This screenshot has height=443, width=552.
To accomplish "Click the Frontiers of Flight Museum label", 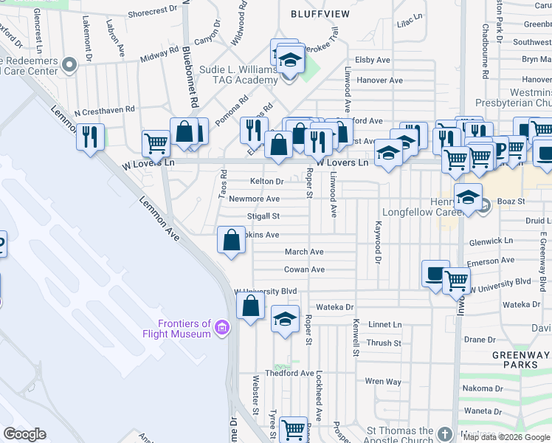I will point(184,329).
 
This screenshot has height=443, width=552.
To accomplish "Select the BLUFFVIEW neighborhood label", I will point(318,14).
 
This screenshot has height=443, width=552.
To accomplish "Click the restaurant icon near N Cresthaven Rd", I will point(90,137).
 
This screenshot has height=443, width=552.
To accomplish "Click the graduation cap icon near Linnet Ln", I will point(285,319).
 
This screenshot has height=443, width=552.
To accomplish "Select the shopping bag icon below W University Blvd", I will point(251,306).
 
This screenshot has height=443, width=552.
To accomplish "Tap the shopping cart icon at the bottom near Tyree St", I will point(294,428).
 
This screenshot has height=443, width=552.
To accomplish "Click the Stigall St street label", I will point(264,216).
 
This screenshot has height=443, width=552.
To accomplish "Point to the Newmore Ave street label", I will point(254,199).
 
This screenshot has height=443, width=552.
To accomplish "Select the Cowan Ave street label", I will point(304,269).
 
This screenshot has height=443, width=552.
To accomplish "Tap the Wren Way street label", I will point(383,382).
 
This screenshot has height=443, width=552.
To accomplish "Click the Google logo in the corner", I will point(24,434).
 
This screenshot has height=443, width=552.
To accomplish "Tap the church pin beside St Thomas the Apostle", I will point(444,432).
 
